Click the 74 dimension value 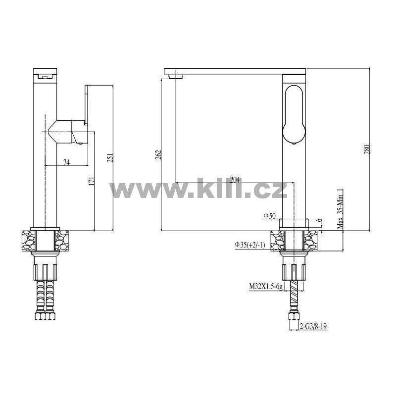tap(66, 162)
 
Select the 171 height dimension tap(92, 181)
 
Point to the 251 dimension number tap(110, 157)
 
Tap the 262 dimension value tap(158, 154)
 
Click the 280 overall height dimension tap(367, 149)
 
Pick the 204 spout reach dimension tap(235, 180)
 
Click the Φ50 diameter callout tap(269, 216)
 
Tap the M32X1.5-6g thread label tap(266, 287)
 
